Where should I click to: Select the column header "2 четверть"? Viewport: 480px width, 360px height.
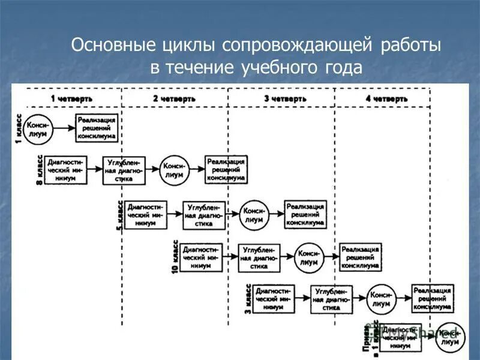pyautogui.click(x=174, y=98)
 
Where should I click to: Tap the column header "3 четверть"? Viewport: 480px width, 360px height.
pyautogui.click(x=285, y=98)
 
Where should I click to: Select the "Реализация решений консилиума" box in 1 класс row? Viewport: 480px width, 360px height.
pyautogui.click(x=96, y=128)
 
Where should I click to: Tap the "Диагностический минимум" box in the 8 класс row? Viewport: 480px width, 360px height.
pyautogui.click(x=67, y=169)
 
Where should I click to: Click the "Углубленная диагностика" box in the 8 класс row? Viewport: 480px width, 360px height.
pyautogui.click(x=124, y=170)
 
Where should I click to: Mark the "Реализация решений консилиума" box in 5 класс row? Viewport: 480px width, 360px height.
pyautogui.click(x=305, y=214)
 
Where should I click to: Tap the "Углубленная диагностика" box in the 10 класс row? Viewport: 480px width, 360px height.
pyautogui.click(x=259, y=257)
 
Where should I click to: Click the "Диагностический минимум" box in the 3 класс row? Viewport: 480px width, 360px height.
pyautogui.click(x=273, y=298)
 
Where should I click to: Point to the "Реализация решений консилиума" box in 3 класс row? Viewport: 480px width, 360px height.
pyautogui.click(x=432, y=297)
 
